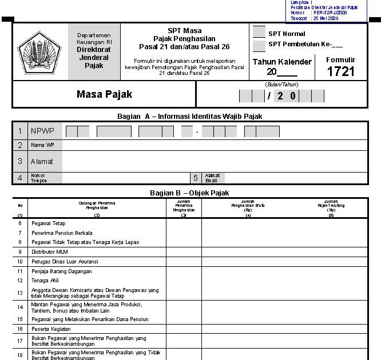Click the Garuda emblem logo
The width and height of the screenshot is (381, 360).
click(39, 51)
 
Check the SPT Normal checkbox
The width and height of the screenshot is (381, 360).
click(259, 33)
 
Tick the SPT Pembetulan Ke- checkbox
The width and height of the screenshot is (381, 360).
click(259, 46)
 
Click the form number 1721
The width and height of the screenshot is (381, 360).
click(341, 71)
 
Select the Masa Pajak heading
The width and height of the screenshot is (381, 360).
click(104, 94)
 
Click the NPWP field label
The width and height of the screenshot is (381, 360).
click(42, 131)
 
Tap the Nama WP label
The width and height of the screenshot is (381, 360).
click(38, 145)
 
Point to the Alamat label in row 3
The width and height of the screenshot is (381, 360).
click(41, 162)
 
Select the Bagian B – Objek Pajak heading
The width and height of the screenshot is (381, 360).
click(189, 193)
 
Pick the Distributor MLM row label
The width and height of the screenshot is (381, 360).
click(51, 251)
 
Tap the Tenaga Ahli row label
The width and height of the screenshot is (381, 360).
click(46, 281)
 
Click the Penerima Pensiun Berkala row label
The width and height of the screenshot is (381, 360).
click(61, 233)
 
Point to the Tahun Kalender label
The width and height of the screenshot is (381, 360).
click(282, 62)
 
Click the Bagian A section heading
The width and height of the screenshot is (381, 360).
click(189, 117)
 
